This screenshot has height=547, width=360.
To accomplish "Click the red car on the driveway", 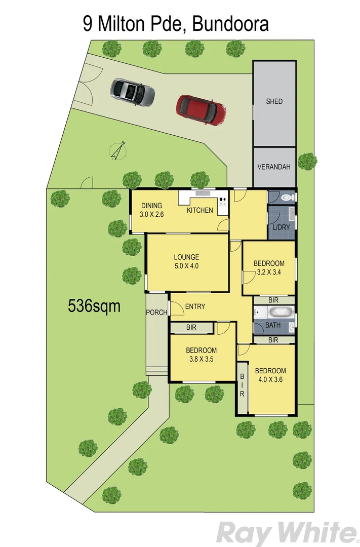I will click(x=201, y=109).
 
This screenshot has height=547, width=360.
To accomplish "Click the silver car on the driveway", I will click(x=133, y=92).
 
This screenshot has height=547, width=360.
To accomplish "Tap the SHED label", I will click(x=274, y=101).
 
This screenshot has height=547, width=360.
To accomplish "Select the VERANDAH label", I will click(x=274, y=167).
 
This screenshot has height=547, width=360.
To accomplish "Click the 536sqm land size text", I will click(x=94, y=305).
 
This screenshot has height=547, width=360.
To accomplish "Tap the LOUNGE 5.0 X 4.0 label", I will click(x=187, y=261).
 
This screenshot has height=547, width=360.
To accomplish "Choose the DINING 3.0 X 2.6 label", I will click(x=151, y=210).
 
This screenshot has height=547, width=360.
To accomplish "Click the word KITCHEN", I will click(x=200, y=210).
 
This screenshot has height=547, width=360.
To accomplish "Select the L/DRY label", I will click(x=281, y=227).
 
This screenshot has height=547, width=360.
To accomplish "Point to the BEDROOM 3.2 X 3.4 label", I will click(x=269, y=267).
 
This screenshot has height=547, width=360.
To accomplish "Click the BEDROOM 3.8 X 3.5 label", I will click(x=201, y=354).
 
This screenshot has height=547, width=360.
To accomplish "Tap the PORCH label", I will click(x=156, y=312).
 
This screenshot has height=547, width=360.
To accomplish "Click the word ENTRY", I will click(x=195, y=306).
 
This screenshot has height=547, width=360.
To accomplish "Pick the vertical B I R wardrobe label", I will click(x=242, y=385).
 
